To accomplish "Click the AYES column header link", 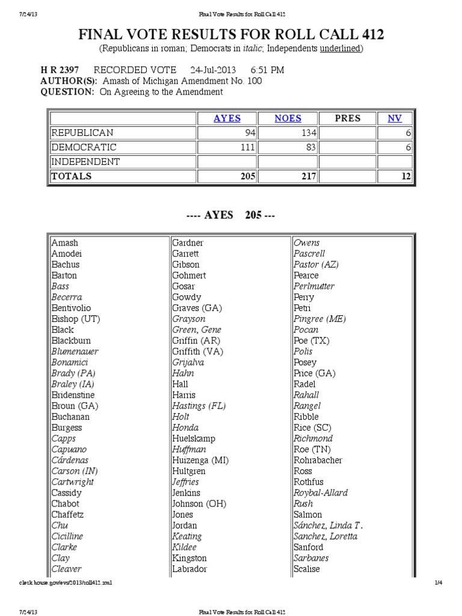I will (x=227, y=119).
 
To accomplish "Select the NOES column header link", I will (x=288, y=119).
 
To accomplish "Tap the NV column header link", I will (x=394, y=119).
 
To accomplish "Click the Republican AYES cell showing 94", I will (x=227, y=133).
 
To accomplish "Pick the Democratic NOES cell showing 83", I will (x=288, y=147).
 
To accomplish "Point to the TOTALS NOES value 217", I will (x=288, y=176).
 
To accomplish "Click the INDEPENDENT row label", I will (x=85, y=162).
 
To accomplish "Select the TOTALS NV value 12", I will (x=394, y=176).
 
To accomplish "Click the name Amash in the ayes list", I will (x=65, y=242).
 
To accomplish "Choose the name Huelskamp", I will (x=193, y=439).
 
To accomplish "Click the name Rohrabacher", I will (x=318, y=460).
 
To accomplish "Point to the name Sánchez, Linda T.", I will (x=328, y=525).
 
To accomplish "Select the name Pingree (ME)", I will (x=319, y=319).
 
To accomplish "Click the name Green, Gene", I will (x=197, y=330).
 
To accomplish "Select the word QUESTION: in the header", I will (x=67, y=92).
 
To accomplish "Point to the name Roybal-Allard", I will (x=321, y=493).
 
